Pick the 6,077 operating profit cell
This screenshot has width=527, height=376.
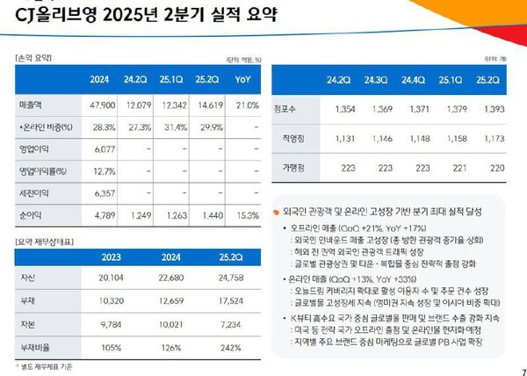tap(104, 148)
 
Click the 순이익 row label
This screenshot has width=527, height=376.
tap(31, 213)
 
